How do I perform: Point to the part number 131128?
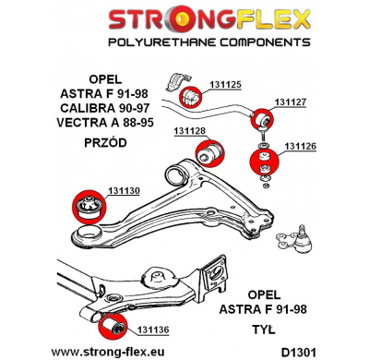point(191,130)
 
